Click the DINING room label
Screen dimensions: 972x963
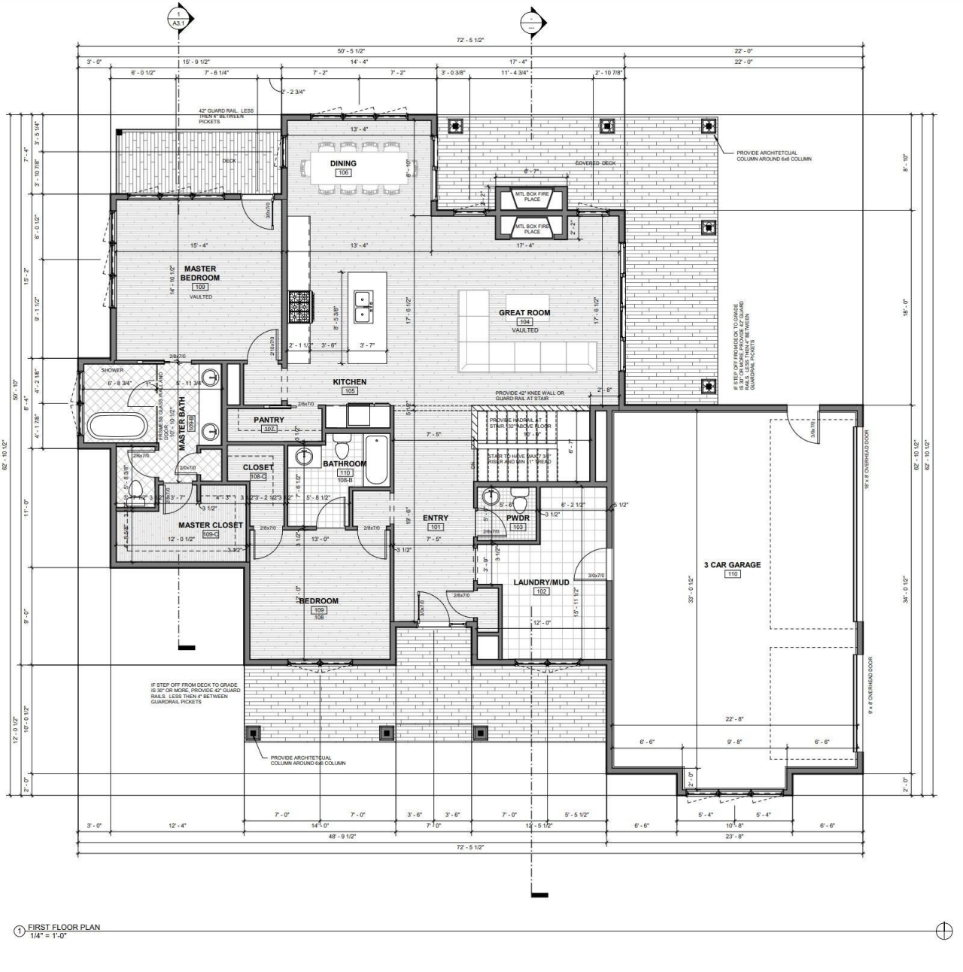click(x=343, y=163)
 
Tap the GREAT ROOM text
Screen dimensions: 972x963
click(x=524, y=312)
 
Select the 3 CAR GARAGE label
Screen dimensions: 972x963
click(x=731, y=564)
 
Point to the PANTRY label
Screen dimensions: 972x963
click(x=269, y=420)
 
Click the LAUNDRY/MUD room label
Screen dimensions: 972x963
click(x=541, y=582)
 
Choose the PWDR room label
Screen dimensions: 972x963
click(x=518, y=518)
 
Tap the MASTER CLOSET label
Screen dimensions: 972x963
click(x=210, y=525)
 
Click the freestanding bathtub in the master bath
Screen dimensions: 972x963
click(x=117, y=427)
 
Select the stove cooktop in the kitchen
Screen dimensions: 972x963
click(x=299, y=307)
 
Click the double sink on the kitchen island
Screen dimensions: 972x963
click(x=366, y=306)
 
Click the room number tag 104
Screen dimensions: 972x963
click(x=524, y=322)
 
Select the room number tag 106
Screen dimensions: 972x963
click(x=343, y=173)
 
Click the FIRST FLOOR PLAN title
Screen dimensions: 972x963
click(x=64, y=927)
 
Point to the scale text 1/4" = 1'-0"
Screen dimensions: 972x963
click(x=48, y=935)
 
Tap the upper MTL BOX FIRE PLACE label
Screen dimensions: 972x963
click(x=532, y=196)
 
